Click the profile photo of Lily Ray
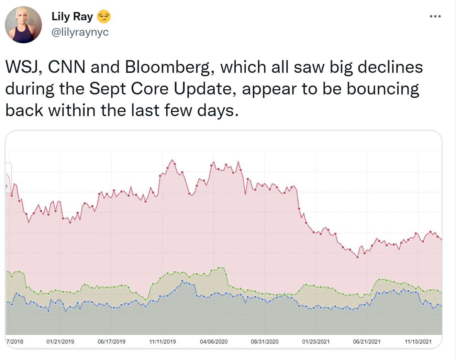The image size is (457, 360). [23, 25]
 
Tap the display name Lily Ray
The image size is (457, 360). [72, 16]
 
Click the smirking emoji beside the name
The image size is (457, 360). [104, 16]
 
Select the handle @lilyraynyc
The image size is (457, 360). [80, 32]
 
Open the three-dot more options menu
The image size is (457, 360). [435, 16]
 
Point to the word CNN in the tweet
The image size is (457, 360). [67, 67]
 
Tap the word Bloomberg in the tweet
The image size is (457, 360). [167, 67]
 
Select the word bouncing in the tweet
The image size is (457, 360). [383, 89]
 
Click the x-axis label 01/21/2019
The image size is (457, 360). [60, 341]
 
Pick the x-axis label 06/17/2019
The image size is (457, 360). [111, 341]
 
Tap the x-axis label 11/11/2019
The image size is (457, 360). [163, 341]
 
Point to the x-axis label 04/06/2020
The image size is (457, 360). [214, 341]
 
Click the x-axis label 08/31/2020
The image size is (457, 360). [265, 341]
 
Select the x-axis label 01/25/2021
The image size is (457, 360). [316, 341]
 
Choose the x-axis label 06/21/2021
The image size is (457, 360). [367, 341]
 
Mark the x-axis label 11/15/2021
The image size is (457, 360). [418, 341]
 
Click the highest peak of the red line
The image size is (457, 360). [172, 160]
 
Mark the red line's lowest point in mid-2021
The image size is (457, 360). [357, 257]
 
